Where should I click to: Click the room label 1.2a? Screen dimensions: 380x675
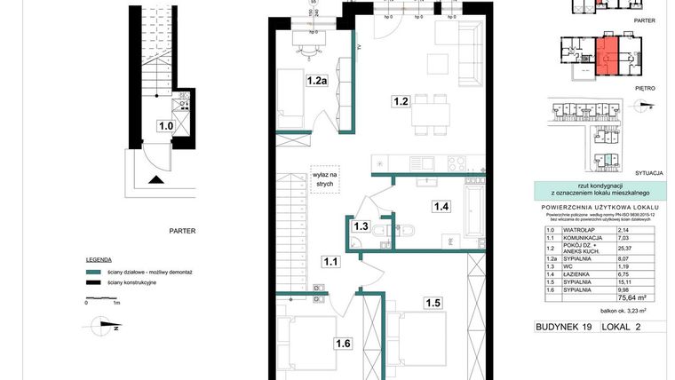[317, 81]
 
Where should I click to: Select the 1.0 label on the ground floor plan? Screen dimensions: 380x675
[165, 126]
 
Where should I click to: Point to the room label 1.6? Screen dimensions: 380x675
[343, 343]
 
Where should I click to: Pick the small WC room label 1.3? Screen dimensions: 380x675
[361, 226]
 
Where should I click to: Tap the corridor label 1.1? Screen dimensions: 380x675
[330, 262]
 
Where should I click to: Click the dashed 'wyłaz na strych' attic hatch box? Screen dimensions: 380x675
[324, 178]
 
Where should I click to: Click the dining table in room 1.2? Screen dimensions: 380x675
[435, 115]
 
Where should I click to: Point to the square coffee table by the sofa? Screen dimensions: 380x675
[437, 64]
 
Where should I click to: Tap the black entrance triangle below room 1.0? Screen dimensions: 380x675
[156, 181]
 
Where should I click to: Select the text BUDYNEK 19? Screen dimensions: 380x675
[565, 327]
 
